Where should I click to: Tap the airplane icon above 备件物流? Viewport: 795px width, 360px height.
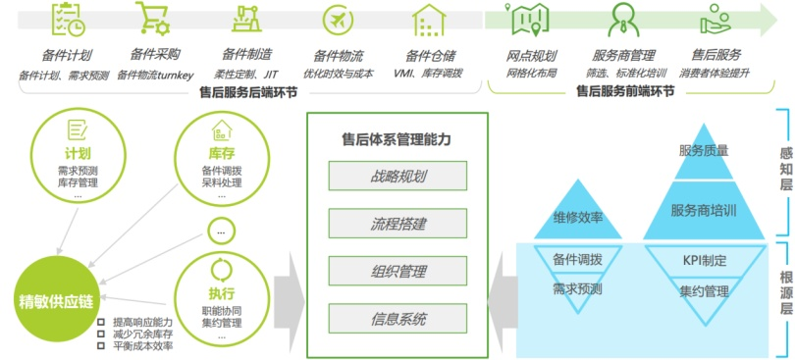coord(339,21)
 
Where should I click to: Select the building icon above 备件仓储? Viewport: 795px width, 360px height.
coord(429,21)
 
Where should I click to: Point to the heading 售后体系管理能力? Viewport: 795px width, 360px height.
coord(396,139)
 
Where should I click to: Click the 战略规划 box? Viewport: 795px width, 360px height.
coord(397,177)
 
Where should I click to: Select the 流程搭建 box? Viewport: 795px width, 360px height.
coord(397,224)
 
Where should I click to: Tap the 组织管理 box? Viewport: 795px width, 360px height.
coord(397,271)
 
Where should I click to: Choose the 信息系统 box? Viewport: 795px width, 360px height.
coord(397,318)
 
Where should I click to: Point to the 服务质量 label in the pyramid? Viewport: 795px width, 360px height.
coord(704,151)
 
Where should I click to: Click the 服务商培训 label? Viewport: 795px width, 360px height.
coord(704,210)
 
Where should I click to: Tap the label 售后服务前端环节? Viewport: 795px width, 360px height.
coord(624,90)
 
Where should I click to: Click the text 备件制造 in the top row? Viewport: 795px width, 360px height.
coord(246,55)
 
